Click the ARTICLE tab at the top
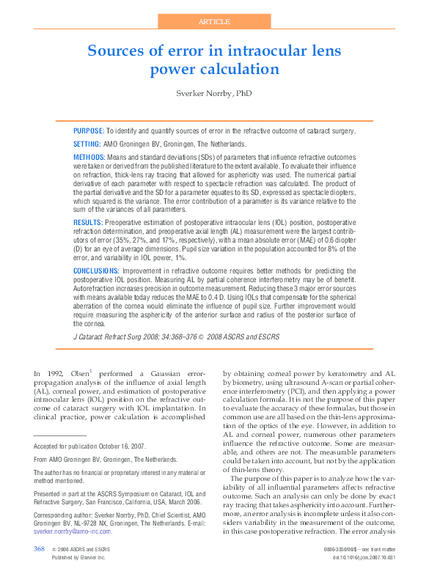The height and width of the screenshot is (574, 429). (214, 21)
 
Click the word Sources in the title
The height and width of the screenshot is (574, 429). (116, 51)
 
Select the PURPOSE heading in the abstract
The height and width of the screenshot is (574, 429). (88, 130)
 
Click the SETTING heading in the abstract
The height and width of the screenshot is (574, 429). (87, 144)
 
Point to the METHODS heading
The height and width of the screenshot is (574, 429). (89, 158)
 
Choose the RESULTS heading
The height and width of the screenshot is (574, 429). (88, 221)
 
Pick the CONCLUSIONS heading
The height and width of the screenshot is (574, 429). (96, 271)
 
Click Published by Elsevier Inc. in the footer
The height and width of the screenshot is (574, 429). (78, 558)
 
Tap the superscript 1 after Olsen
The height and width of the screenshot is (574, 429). (91, 371)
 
